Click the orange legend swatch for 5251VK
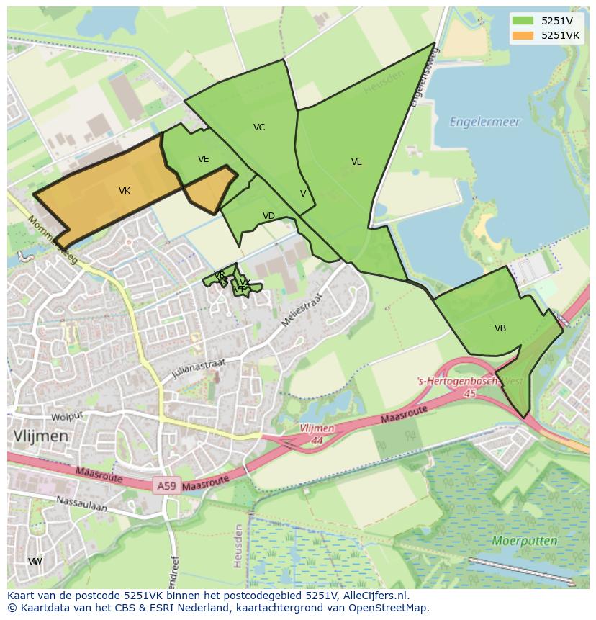(523, 35)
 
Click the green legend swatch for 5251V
(523, 21)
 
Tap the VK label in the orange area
(125, 191)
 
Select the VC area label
(259, 127)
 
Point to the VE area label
(204, 159)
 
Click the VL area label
(356, 162)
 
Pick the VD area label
(268, 216)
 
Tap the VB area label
(500, 328)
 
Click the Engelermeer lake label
(484, 122)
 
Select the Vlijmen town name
(40, 436)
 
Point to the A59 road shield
(166, 487)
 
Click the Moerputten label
(525, 540)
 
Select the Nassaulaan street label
(82, 503)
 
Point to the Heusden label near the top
(383, 85)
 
